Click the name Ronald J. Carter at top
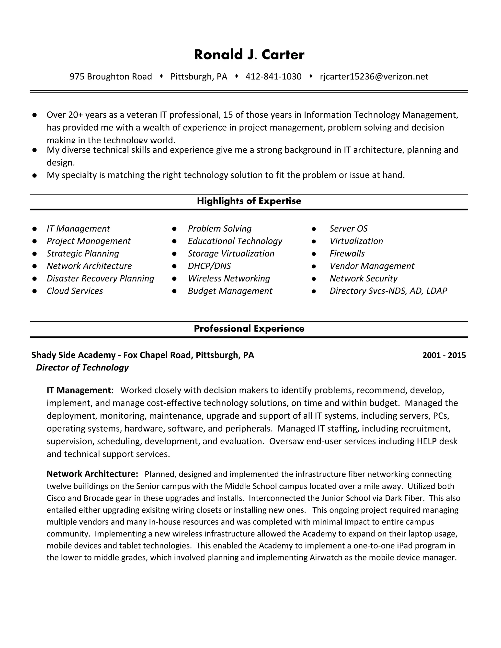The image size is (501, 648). (249, 55)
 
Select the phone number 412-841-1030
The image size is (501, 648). (273, 77)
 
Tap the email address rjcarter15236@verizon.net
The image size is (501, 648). (374, 77)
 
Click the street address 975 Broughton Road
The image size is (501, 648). (111, 77)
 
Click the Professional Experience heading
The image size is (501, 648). (249, 328)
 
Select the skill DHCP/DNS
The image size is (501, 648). (209, 266)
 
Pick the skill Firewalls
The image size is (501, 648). (347, 253)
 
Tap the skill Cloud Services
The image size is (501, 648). (75, 291)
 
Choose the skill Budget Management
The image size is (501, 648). (230, 291)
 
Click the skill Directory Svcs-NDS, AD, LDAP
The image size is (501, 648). (388, 291)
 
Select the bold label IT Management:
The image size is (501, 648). (80, 390)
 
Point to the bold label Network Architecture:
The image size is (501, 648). (92, 474)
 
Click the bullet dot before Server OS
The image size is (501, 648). (314, 229)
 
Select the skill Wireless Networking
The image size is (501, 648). (229, 278)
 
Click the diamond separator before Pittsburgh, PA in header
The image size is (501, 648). (161, 76)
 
